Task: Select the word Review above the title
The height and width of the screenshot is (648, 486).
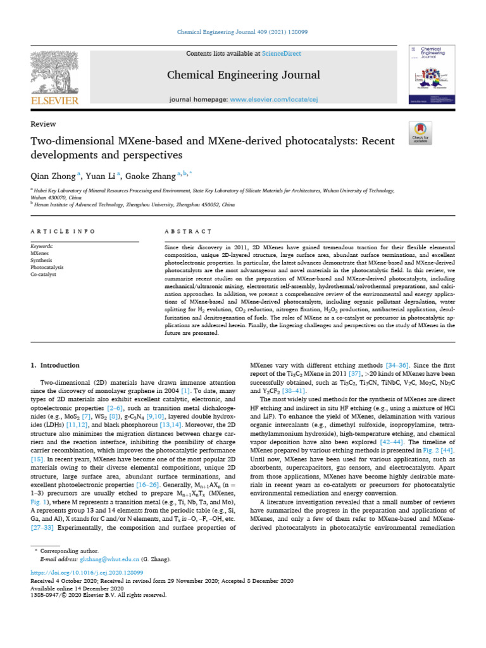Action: click(44, 124)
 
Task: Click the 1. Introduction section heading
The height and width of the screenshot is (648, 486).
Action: click(56, 365)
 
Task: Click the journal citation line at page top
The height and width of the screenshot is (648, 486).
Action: click(243, 33)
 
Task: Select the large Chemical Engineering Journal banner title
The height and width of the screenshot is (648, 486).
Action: click(243, 76)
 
